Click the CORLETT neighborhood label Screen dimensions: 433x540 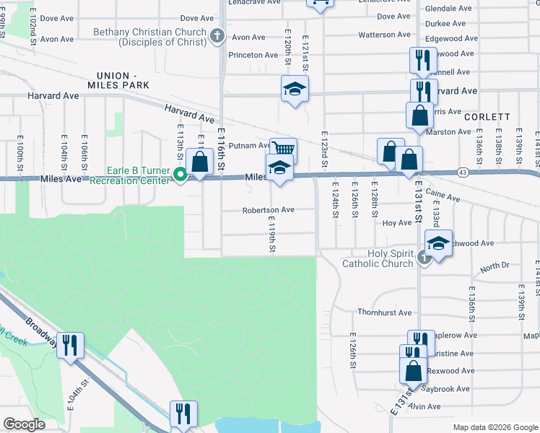(487, 116)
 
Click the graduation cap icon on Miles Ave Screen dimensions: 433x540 (279, 167)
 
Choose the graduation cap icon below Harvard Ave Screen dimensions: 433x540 (295, 89)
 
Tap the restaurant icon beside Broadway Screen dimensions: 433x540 (70, 346)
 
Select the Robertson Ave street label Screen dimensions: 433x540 (268, 210)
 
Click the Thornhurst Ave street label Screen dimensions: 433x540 (384, 312)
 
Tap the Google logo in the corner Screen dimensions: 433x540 (23, 424)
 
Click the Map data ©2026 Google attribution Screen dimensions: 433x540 (495, 427)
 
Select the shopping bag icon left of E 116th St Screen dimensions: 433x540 (198, 162)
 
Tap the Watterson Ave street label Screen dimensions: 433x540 (384, 35)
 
